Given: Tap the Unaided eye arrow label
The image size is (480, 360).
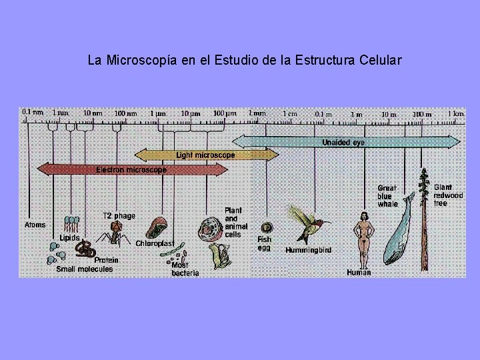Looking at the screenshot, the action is [x=343, y=142].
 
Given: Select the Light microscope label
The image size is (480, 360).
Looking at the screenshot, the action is [x=205, y=155].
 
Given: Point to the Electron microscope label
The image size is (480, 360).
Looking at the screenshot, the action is [x=131, y=170].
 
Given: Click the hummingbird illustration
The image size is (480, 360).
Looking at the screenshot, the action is [x=307, y=223].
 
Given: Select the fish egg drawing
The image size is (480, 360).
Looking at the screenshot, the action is [x=266, y=227].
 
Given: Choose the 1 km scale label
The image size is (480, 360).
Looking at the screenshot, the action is [x=455, y=114].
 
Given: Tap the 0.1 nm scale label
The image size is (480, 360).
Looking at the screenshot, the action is [x=32, y=112].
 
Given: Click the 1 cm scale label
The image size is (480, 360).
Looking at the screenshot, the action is [x=290, y=114].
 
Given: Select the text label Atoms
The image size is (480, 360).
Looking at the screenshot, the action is [x=35, y=225].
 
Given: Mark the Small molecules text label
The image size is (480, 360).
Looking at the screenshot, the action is [x=85, y=269].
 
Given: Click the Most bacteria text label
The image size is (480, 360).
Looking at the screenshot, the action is [x=185, y=269].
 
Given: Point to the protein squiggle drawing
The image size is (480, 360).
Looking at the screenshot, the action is [x=85, y=249].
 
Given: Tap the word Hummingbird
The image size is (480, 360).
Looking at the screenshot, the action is [x=309, y=250].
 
